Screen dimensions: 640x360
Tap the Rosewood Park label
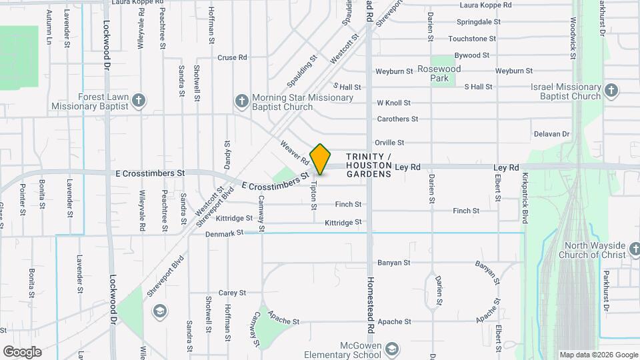tap(439, 73)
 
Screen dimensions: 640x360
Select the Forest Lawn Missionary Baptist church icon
tap(138, 101)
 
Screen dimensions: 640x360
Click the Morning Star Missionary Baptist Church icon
tap(241, 101)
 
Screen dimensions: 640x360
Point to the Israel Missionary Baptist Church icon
tap(611, 90)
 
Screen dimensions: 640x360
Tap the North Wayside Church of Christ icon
tap(636, 250)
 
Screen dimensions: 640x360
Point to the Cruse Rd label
tap(232, 57)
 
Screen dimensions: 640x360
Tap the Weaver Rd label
tap(295, 153)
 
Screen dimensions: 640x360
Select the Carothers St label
tap(397, 119)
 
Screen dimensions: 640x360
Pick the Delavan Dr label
tap(552, 134)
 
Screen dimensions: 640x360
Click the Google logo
tap(21, 351)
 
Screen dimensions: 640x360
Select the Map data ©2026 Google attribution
tap(598, 355)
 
